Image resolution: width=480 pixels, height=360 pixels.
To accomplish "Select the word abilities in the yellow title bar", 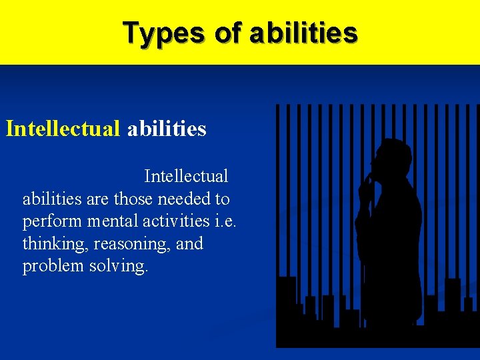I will [303, 33].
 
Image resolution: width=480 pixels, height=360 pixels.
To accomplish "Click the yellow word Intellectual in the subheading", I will [63, 128].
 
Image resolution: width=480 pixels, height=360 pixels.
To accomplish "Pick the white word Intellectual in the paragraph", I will [186, 177].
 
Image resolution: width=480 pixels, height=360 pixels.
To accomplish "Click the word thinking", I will [53, 244].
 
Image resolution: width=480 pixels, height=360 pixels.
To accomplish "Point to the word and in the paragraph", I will [189, 244].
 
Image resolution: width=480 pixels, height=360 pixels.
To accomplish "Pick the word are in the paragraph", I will [97, 199].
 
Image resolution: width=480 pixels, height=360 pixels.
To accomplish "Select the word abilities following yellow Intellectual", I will [167, 128].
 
